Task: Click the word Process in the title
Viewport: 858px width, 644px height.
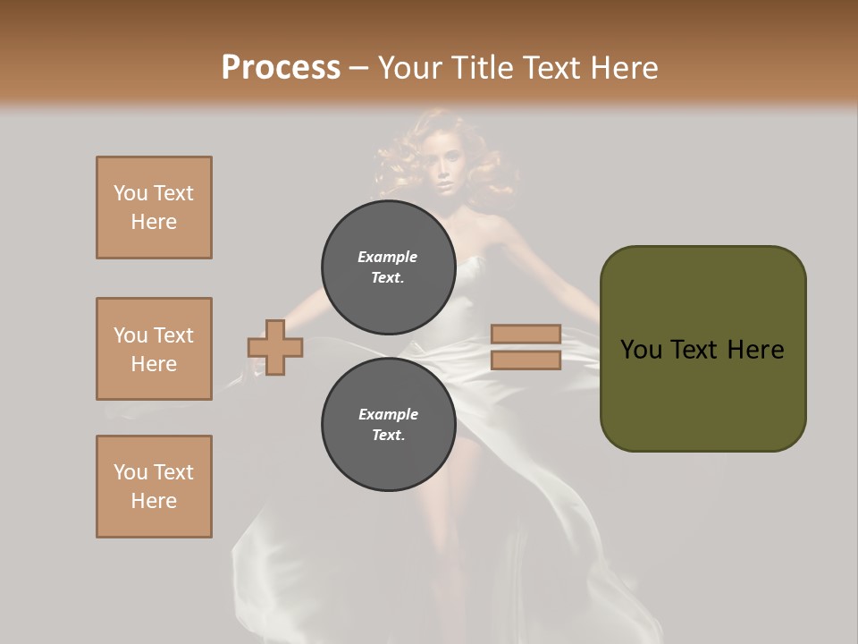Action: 281,68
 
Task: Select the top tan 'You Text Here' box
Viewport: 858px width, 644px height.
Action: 154,208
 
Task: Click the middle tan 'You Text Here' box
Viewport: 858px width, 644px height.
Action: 154,349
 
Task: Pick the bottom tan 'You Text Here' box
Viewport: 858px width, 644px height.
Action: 154,487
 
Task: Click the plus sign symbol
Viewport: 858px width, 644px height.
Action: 275,347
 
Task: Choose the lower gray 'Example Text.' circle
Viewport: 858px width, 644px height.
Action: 388,424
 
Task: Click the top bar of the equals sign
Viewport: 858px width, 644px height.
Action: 526,335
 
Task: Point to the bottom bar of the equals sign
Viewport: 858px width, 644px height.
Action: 526,360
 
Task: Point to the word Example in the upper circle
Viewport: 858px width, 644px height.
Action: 388,257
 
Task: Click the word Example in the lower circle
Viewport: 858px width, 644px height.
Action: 388,414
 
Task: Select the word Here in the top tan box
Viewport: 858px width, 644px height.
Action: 154,222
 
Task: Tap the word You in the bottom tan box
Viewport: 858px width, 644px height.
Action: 130,472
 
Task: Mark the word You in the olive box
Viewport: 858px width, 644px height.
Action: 640,350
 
